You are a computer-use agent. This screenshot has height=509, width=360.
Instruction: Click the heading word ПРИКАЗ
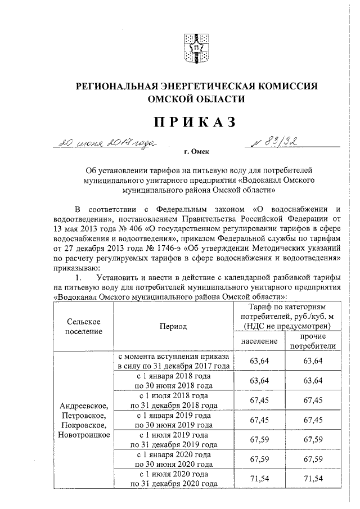pyautogui.click(x=196, y=121)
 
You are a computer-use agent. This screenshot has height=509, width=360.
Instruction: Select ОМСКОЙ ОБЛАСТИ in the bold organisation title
pyautogui.click(x=196, y=99)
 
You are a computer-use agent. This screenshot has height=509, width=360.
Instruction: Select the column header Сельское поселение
pyautogui.click(x=83, y=326)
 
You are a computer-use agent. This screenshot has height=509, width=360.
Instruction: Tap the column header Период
pyautogui.click(x=173, y=326)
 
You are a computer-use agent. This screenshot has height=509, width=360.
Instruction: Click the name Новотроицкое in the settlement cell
pyautogui.click(x=83, y=435)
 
